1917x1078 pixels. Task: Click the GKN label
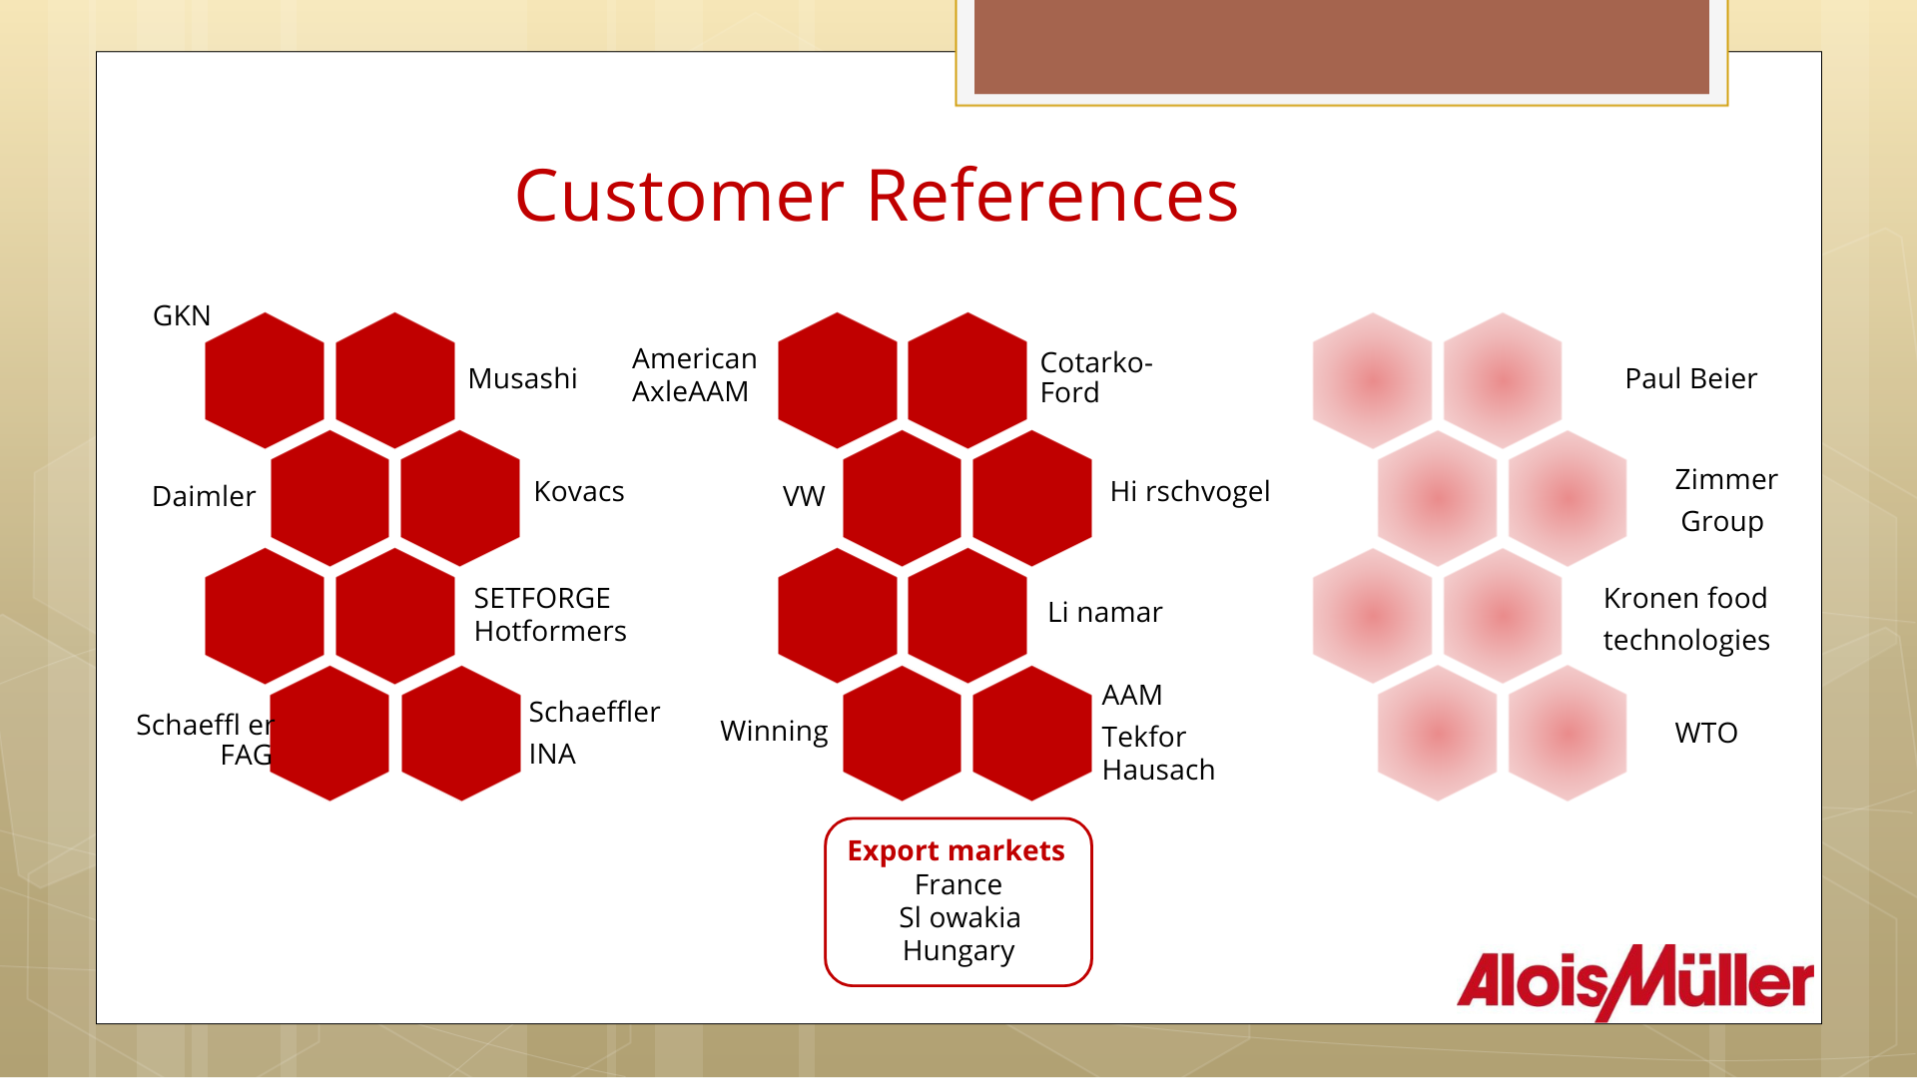click(x=182, y=315)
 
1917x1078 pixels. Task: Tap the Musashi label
click(x=522, y=378)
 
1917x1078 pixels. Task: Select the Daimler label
click(x=204, y=496)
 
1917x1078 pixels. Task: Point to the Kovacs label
click(x=579, y=491)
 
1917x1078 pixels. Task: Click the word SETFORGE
click(x=542, y=598)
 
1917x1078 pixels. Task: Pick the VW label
click(x=804, y=496)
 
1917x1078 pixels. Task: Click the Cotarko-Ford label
click(x=1096, y=377)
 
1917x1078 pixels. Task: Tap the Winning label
click(x=774, y=732)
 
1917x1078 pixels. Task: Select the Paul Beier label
click(x=1690, y=378)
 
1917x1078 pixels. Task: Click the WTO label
click(x=1706, y=733)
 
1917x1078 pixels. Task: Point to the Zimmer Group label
click(x=1725, y=500)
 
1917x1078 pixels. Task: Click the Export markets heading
click(x=957, y=850)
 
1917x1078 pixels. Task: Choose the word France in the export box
click(x=958, y=884)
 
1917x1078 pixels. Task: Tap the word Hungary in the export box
click(x=958, y=951)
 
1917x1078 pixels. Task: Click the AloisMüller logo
click(x=1635, y=982)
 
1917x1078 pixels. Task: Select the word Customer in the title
click(x=680, y=196)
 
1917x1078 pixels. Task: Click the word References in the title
click(x=1052, y=196)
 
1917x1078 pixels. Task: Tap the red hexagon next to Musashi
click(x=395, y=380)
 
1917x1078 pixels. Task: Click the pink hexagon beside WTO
click(x=1568, y=734)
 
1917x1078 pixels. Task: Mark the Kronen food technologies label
click(x=1686, y=619)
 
